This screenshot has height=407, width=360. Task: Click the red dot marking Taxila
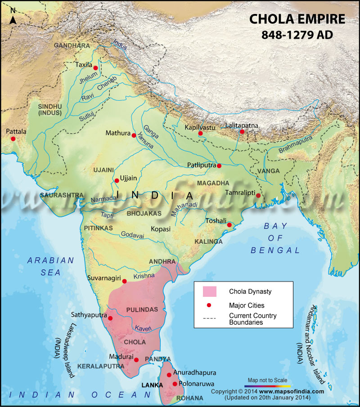(x=95, y=67)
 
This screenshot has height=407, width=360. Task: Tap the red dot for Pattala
(x=13, y=139)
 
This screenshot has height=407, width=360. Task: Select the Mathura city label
(x=117, y=134)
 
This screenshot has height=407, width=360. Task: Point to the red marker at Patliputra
(x=219, y=166)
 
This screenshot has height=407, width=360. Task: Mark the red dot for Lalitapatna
(x=242, y=132)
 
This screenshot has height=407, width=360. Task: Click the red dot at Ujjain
(x=117, y=181)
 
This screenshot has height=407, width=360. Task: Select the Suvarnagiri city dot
(x=125, y=281)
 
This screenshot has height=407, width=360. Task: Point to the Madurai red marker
(x=136, y=360)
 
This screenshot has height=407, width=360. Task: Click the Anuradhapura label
(x=194, y=373)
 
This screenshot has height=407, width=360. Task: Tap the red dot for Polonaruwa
(x=175, y=384)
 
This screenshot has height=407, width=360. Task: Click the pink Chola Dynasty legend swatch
(x=210, y=291)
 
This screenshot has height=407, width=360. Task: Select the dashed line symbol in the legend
(x=210, y=318)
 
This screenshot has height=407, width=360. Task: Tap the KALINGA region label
(x=208, y=242)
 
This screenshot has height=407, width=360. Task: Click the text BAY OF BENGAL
(x=275, y=238)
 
